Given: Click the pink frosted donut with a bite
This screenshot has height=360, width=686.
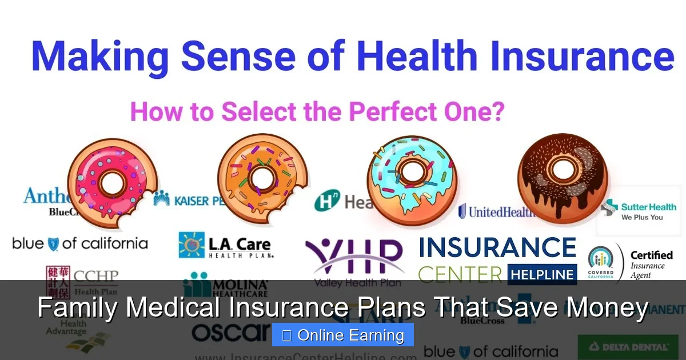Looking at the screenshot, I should pos(112,182).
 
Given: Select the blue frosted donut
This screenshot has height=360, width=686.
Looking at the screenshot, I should pos(410,178).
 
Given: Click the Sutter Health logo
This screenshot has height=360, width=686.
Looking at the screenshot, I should pos(640,211).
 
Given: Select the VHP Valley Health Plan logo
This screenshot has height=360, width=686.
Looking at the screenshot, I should pos(354,260).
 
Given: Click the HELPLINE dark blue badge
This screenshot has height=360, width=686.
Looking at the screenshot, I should pos(542,274).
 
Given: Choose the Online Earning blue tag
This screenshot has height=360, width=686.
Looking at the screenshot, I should pos(343,335).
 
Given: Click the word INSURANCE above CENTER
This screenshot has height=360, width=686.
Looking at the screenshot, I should pos(497,248).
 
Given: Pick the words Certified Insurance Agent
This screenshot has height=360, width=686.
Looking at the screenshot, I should pos(651,264).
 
